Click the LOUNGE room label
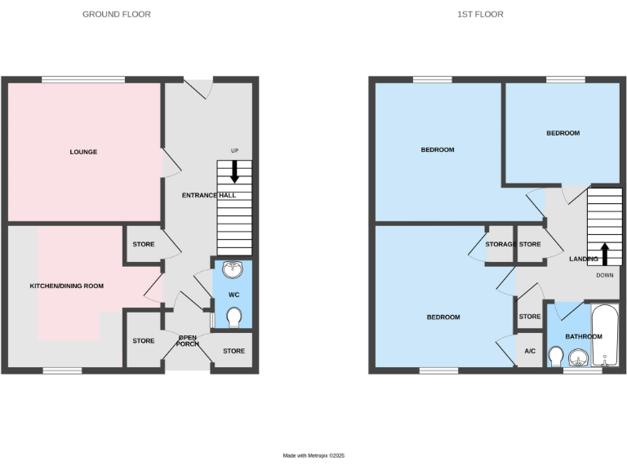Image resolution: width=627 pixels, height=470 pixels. point(83,152)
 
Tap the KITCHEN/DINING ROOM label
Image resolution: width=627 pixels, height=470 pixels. point(67,286)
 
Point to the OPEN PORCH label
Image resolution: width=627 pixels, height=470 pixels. point(189,339)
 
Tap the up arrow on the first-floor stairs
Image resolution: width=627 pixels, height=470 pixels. point(604,253)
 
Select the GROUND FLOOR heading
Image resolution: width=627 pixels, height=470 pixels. point(117,15)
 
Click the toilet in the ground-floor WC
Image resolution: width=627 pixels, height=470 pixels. point(233,317)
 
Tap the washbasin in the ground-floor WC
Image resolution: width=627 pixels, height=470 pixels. point(233,269)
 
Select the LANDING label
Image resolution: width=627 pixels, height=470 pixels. point(584,259)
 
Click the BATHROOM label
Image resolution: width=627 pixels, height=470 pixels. point(584,336)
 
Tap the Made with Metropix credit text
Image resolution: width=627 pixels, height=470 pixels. point(313,455)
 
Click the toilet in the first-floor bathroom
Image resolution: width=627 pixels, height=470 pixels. point(556,357)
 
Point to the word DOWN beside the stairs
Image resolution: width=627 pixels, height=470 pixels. point(604,275)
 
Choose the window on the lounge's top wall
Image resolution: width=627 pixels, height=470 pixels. point(83,79)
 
